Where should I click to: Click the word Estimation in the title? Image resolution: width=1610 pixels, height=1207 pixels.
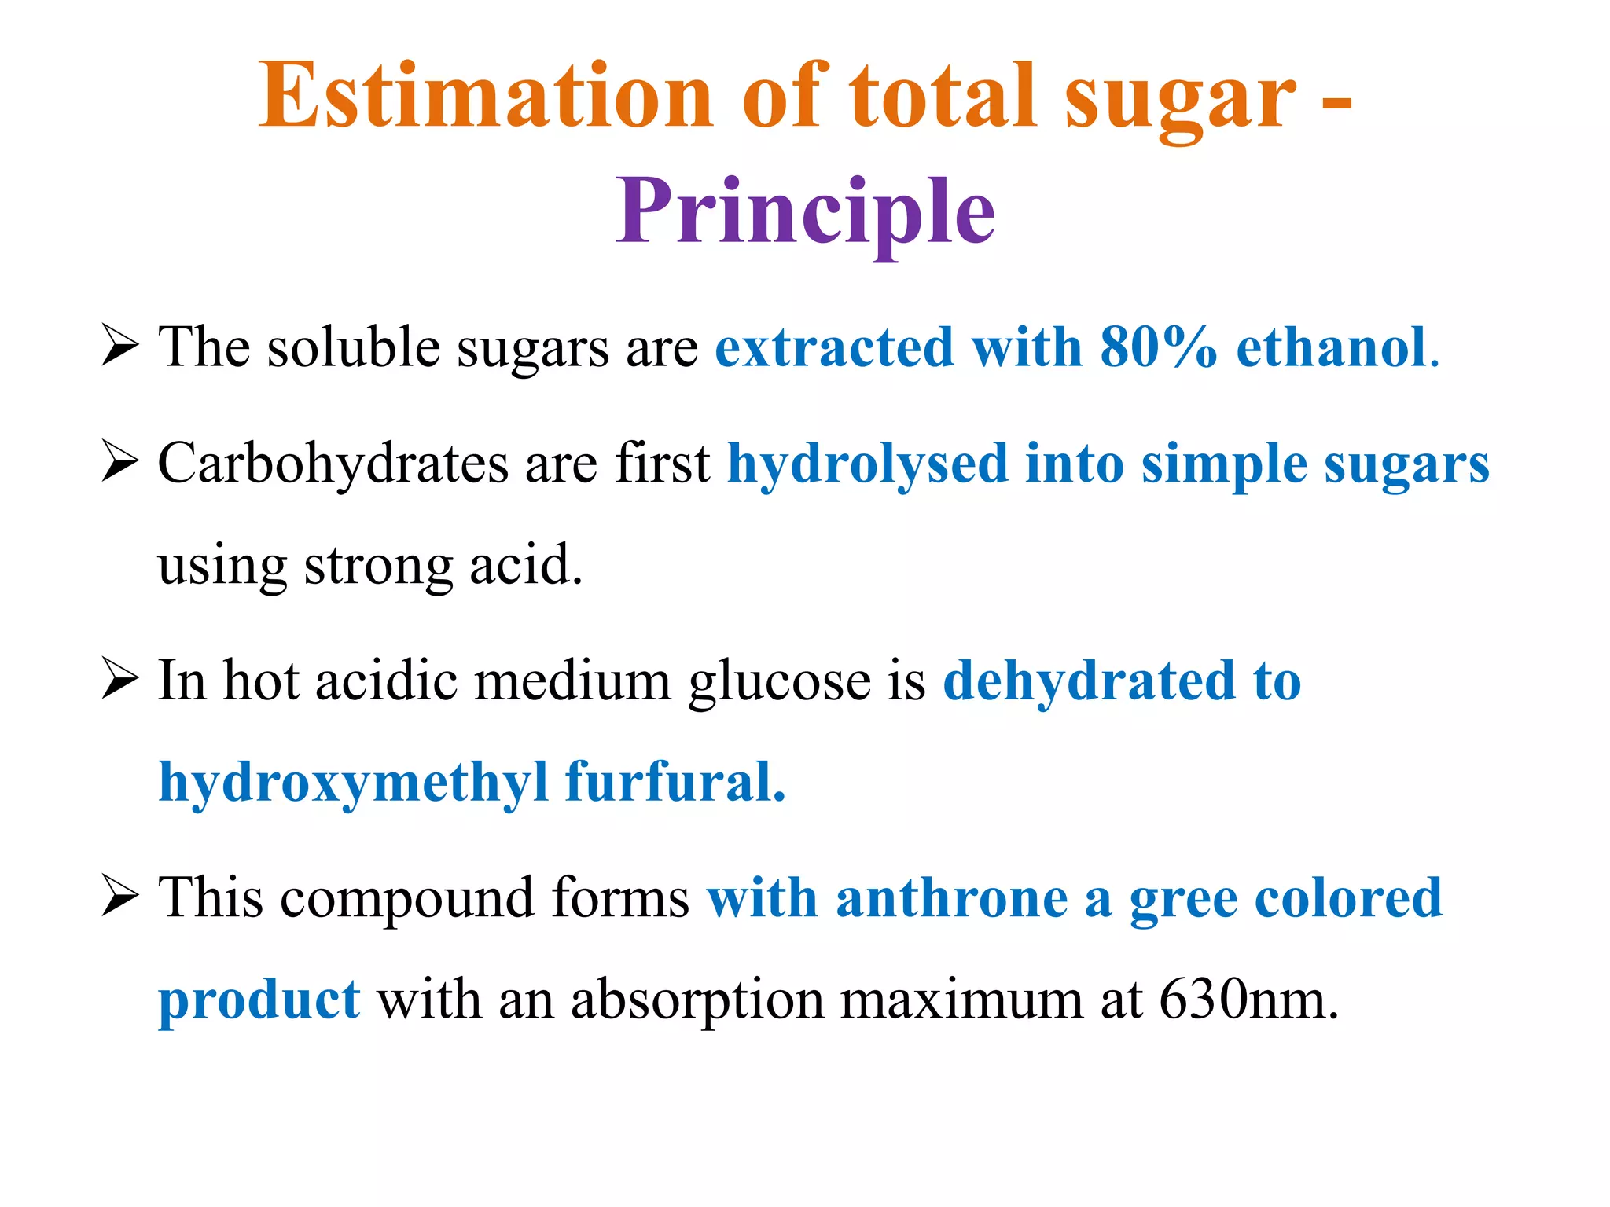click(485, 96)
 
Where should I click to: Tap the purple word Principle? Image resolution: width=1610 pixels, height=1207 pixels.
click(805, 211)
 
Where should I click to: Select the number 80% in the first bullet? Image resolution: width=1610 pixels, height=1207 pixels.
click(1158, 347)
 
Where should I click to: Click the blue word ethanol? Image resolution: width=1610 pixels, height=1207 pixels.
click(1332, 347)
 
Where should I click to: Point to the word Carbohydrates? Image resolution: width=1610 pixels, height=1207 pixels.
click(333, 464)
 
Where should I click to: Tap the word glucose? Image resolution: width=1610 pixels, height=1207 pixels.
click(779, 681)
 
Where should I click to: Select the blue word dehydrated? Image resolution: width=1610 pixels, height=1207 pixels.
click(1089, 681)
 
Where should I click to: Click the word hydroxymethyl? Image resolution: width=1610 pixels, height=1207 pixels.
click(353, 783)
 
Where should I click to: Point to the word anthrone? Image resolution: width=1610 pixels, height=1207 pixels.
click(951, 898)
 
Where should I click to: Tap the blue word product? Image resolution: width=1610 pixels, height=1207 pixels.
click(259, 1000)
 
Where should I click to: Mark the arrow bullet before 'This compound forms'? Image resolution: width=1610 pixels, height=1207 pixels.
click(119, 897)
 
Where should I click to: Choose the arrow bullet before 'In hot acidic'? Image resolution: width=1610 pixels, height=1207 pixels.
click(119, 680)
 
